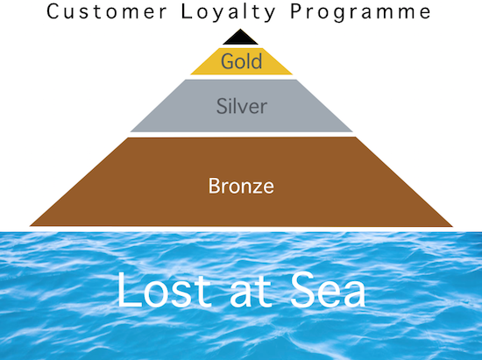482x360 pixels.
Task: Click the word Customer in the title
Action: [107, 11]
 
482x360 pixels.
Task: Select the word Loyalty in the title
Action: [228, 13]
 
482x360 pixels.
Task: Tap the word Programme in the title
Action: [360, 13]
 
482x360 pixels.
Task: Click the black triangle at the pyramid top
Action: [240, 37]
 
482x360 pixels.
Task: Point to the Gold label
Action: [242, 60]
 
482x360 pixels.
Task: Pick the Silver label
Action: [242, 106]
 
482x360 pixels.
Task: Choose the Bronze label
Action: [241, 186]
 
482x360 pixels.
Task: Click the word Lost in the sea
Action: [165, 290]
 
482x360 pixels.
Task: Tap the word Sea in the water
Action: [328, 290]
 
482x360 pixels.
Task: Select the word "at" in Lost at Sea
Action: [251, 293]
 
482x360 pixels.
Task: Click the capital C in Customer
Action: [53, 11]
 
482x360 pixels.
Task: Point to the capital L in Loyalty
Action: [186, 11]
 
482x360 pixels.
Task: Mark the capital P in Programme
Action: [296, 11]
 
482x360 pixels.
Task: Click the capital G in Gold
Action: [228, 60]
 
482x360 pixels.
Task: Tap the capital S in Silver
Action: [222, 106]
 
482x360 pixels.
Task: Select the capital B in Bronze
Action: [214, 186]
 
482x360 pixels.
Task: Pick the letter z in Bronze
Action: [257, 187]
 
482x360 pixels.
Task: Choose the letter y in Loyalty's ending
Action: [269, 16]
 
